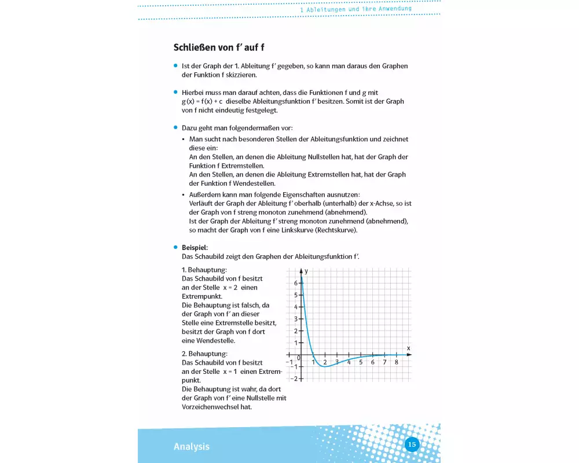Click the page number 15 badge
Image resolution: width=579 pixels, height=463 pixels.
412,444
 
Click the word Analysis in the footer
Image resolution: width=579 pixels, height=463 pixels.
192,447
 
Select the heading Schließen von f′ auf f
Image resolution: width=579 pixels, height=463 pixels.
219,47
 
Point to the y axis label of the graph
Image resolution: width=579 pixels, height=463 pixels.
306,271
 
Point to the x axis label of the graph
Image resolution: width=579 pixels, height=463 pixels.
408,348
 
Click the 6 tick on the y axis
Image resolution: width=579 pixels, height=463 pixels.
295,283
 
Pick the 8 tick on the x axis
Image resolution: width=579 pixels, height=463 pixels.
396,362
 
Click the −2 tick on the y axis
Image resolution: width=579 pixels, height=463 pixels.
294,379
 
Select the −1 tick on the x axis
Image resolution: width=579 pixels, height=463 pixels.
288,362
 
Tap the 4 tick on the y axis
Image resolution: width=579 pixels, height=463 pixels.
295,307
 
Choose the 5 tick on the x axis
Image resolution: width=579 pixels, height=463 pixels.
360,362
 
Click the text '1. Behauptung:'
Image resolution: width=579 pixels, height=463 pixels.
204,270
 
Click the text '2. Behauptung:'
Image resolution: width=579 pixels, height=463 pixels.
204,353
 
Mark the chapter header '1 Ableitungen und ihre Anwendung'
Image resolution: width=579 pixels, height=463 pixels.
356,9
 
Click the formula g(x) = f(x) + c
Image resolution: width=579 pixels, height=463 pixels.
202,101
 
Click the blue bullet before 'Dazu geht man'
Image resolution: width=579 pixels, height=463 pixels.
175,127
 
